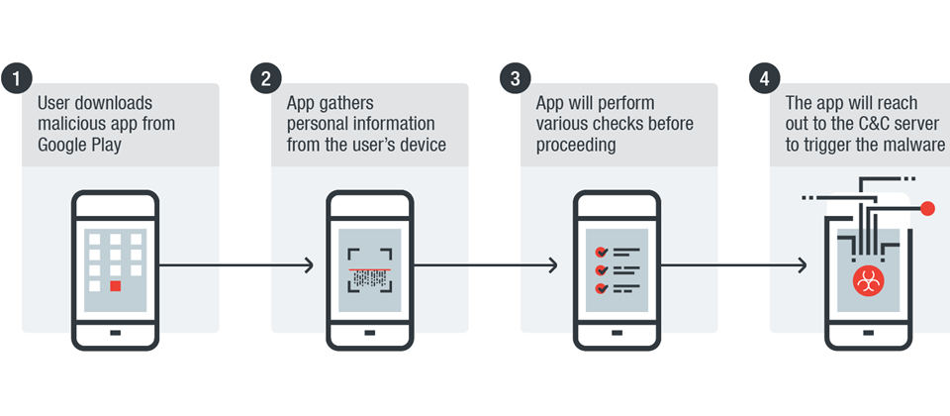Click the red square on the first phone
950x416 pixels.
(116, 285)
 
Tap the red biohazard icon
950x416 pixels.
(868, 280)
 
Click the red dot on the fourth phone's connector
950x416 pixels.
(927, 208)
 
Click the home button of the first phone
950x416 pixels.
(116, 333)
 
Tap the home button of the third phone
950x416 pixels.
(616, 333)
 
